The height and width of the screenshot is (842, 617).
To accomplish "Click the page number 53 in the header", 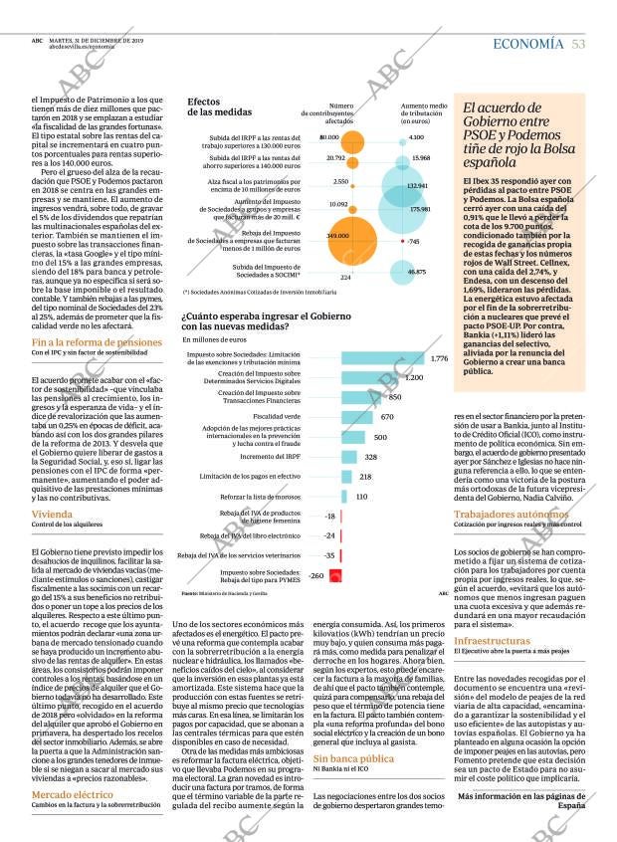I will [x=578, y=44].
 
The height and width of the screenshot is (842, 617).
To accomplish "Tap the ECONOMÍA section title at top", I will [x=527, y=44].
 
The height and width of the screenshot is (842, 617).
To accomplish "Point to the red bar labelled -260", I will [x=335, y=575].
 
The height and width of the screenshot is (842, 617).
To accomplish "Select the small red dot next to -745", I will [x=400, y=241].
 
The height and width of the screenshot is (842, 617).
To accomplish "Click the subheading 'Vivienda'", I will [x=52, y=514].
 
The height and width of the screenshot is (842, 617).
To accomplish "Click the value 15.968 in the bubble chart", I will [x=420, y=158].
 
